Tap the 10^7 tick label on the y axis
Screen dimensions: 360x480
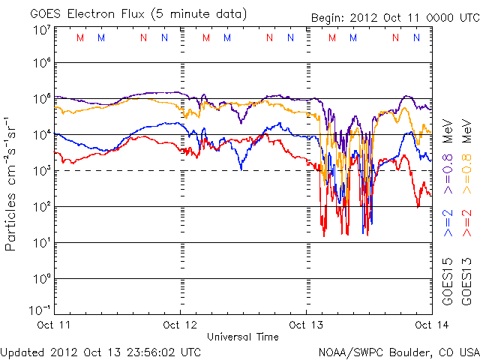pos(41,29)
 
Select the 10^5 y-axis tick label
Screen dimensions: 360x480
pos(41,99)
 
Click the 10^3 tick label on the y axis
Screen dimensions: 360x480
pos(41,171)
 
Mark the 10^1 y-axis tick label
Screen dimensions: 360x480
pos(41,242)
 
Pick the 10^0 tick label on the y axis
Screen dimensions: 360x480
pos(41,278)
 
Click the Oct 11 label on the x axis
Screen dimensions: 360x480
pos(54,325)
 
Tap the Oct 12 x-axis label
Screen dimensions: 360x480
pos(180,325)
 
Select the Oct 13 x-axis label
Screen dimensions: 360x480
pos(306,325)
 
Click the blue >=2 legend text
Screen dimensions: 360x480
pos(448,224)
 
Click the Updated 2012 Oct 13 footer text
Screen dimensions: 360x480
pos(100,352)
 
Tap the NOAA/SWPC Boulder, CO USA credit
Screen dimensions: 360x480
pos(398,352)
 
